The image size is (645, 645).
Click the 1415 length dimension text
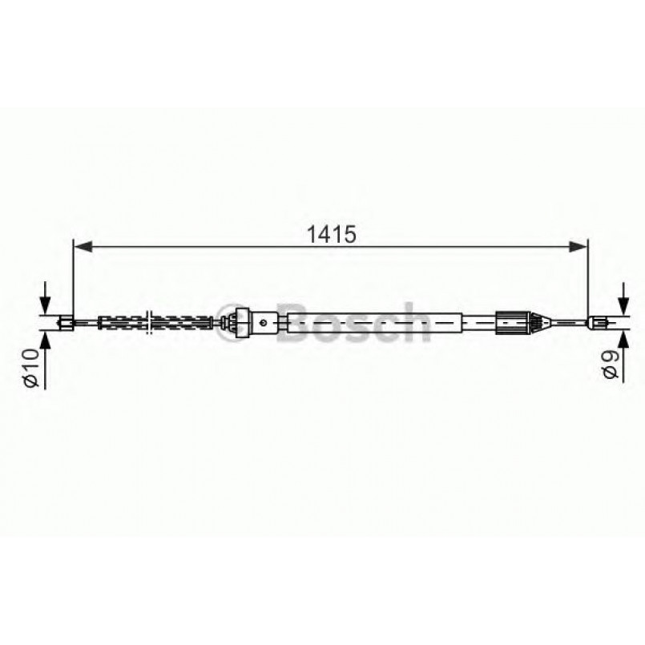click(x=331, y=234)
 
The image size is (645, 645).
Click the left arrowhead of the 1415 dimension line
click(x=83, y=247)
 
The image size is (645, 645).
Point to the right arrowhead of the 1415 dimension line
click(x=578, y=247)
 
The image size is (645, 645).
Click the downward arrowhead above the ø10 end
click(x=44, y=305)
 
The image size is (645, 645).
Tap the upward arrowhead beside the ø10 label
click(x=44, y=341)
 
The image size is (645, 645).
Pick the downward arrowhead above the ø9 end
click(x=624, y=305)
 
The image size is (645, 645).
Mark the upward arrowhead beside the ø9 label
click(x=624, y=340)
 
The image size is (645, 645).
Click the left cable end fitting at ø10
click(x=67, y=323)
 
